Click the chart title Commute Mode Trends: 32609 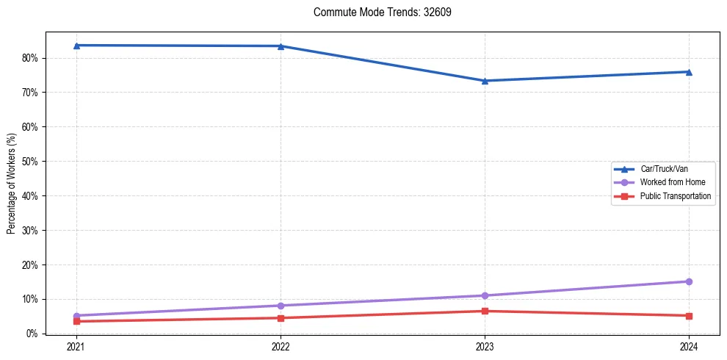[x=377, y=12]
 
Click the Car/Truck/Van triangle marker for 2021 [x=76, y=46]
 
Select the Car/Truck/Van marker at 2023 [x=485, y=81]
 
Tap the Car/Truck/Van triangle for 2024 [x=689, y=72]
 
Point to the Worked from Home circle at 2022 [x=281, y=306]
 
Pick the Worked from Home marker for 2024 [x=689, y=281]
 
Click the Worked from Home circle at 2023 [x=485, y=295]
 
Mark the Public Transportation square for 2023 [x=485, y=311]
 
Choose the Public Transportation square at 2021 [x=76, y=321]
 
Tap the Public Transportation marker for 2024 [x=689, y=316]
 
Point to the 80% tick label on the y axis [x=31, y=58]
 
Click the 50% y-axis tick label [x=31, y=162]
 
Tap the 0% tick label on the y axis [x=33, y=334]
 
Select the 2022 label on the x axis [x=281, y=346]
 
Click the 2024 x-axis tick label [x=689, y=346]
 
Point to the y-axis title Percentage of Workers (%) [x=11, y=184]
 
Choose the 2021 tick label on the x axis [x=76, y=346]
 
